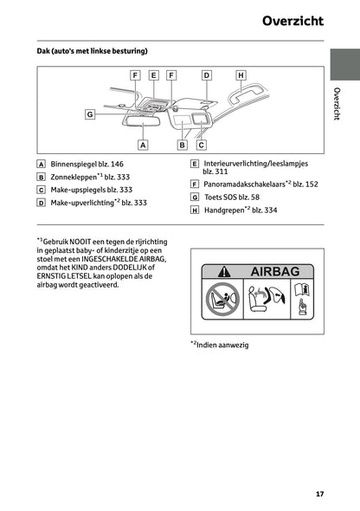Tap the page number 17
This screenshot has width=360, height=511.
pos(319,494)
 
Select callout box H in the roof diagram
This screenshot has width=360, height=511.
pos(241,75)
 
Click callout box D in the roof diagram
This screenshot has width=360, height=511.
pos(206,75)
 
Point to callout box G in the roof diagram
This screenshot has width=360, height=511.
pos(90,113)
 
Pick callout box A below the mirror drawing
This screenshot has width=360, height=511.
pos(144,145)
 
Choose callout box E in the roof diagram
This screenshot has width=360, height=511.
pos(153,75)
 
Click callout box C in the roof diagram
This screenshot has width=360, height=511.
pos(201,145)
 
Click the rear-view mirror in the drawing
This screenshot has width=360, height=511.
pos(144,120)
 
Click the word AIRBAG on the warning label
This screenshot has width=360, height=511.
pos(274,272)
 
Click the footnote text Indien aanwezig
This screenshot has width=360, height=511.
pos(222,345)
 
